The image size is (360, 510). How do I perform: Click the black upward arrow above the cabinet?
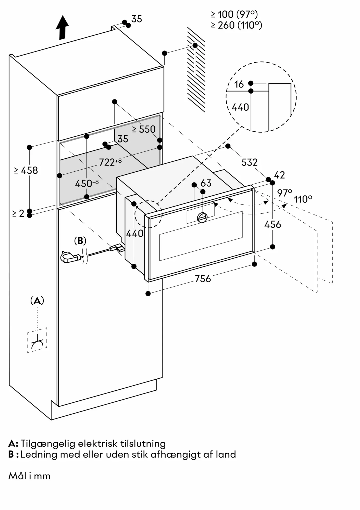pyautogui.click(x=62, y=27)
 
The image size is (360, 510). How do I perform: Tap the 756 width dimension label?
pyautogui.click(x=203, y=279)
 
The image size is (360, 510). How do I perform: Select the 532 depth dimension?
pyautogui.click(x=249, y=162)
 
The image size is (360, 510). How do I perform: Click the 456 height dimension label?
pyautogui.click(x=272, y=224)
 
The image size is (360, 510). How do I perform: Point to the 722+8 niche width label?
pyautogui.click(x=110, y=162)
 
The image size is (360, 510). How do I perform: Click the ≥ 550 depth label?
pyautogui.click(x=144, y=129)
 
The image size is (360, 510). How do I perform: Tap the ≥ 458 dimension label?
pyautogui.click(x=26, y=170)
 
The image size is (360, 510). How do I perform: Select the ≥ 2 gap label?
pyautogui.click(x=18, y=213)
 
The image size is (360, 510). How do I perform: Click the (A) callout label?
pyautogui.click(x=37, y=301)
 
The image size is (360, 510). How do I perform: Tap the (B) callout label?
pyautogui.click(x=80, y=241)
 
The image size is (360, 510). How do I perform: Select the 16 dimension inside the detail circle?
pyautogui.click(x=239, y=84)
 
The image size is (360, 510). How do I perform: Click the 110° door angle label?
pyautogui.click(x=303, y=199)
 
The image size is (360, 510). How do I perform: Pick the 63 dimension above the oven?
pyautogui.click(x=206, y=183)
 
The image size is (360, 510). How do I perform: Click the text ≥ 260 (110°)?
pyautogui.click(x=237, y=25)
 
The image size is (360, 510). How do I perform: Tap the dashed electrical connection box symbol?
pyautogui.click(x=37, y=340)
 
